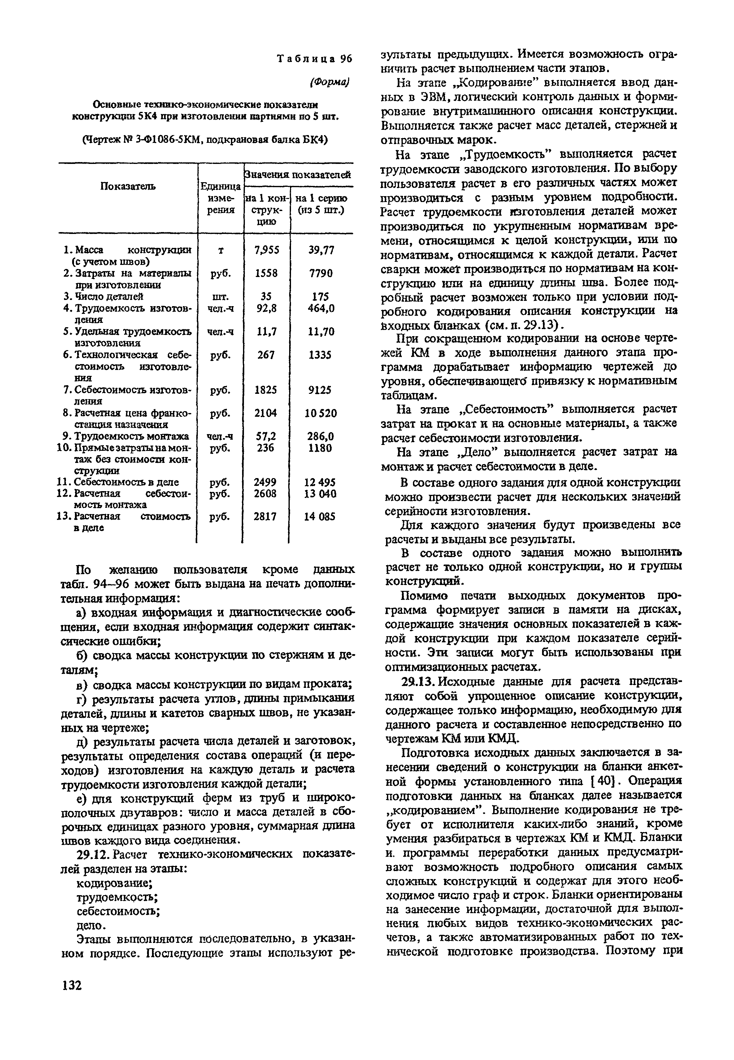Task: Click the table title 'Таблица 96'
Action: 314,59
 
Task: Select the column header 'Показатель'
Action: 128,186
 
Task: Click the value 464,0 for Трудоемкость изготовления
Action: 321,308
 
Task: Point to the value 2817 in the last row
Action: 265,517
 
